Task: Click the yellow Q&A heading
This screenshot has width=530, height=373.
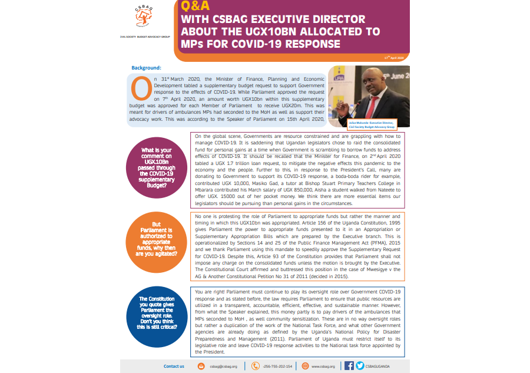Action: point(194,7)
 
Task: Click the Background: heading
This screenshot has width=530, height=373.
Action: point(147,68)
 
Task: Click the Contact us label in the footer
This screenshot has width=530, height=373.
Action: point(174,366)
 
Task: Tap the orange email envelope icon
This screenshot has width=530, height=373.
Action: point(201,366)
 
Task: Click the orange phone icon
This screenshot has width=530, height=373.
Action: point(255,366)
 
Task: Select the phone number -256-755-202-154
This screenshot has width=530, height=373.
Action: point(277,367)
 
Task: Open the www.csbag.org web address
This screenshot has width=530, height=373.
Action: point(323,367)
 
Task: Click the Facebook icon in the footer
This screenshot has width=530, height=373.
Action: point(349,366)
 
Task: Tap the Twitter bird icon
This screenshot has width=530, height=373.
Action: point(360,366)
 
